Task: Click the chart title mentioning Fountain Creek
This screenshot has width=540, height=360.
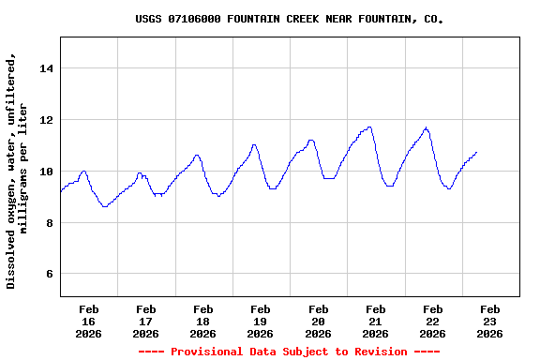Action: click(x=289, y=19)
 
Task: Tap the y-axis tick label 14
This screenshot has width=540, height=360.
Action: click(x=47, y=68)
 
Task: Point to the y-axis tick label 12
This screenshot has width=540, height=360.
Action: click(x=47, y=120)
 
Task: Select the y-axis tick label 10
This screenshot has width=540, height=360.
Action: click(x=47, y=172)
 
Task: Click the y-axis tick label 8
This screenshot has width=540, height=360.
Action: click(x=51, y=223)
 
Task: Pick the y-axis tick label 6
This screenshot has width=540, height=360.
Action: click(x=51, y=275)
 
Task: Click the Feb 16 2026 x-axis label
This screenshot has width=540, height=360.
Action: click(x=88, y=322)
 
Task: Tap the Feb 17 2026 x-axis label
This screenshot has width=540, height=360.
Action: click(x=145, y=322)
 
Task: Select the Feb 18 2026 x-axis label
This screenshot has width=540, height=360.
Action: click(x=202, y=322)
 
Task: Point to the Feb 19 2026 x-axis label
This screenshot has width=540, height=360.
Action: click(x=260, y=322)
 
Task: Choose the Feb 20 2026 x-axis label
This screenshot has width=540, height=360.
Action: click(x=318, y=322)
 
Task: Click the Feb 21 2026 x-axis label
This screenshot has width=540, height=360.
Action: click(x=375, y=322)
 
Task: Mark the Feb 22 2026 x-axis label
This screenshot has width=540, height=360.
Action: click(x=432, y=322)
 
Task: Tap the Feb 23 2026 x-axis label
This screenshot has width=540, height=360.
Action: click(x=489, y=322)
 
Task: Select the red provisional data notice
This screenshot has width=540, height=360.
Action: click(x=289, y=352)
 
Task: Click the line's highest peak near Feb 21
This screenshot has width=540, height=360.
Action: click(x=370, y=127)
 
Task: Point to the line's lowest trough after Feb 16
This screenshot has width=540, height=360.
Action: click(x=104, y=206)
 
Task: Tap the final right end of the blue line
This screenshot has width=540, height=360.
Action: click(x=476, y=152)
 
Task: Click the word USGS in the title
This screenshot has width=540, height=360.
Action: click(x=148, y=19)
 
